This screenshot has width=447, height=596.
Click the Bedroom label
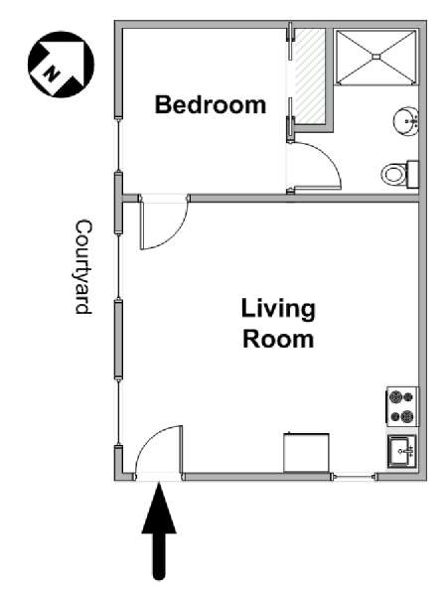(x=211, y=105)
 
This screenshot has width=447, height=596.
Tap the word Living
(x=278, y=309)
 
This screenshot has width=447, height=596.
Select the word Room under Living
(x=278, y=339)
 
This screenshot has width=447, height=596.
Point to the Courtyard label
(x=83, y=267)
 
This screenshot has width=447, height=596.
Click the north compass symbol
(x=61, y=65)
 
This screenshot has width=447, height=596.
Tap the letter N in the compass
(x=51, y=74)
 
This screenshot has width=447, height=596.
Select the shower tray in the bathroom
(x=375, y=57)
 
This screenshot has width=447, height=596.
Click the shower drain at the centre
(x=375, y=57)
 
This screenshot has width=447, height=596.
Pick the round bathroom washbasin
(x=405, y=121)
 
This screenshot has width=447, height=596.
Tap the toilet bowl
(x=393, y=175)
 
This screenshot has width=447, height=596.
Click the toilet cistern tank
(x=413, y=175)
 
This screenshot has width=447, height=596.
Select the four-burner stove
(x=402, y=406)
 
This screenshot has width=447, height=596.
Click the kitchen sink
(x=402, y=452)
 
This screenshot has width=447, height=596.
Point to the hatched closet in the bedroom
(x=309, y=76)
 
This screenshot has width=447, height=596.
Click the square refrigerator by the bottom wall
(x=306, y=453)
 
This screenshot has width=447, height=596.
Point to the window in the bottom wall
(x=354, y=476)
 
